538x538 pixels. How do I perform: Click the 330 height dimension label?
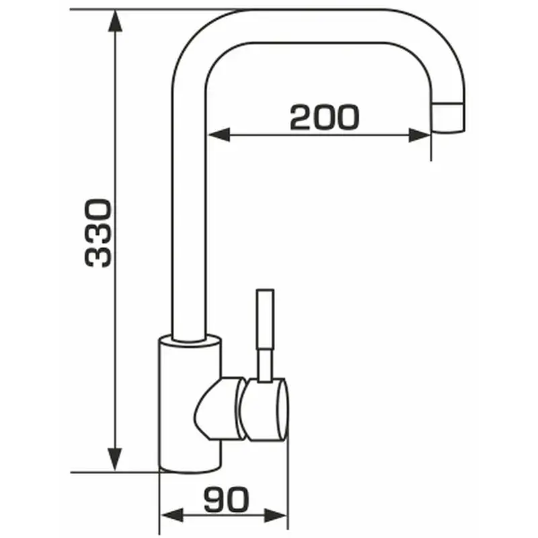point(98,233)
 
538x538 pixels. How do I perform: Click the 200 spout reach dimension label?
point(325,117)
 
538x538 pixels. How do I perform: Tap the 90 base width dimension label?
point(226,499)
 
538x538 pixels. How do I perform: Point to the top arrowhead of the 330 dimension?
point(115,21)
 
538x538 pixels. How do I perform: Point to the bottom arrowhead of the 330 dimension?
point(115,459)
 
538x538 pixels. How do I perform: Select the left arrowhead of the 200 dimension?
point(219,134)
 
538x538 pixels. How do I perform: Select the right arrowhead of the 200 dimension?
point(420,135)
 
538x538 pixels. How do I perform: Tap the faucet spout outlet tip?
point(448,117)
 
